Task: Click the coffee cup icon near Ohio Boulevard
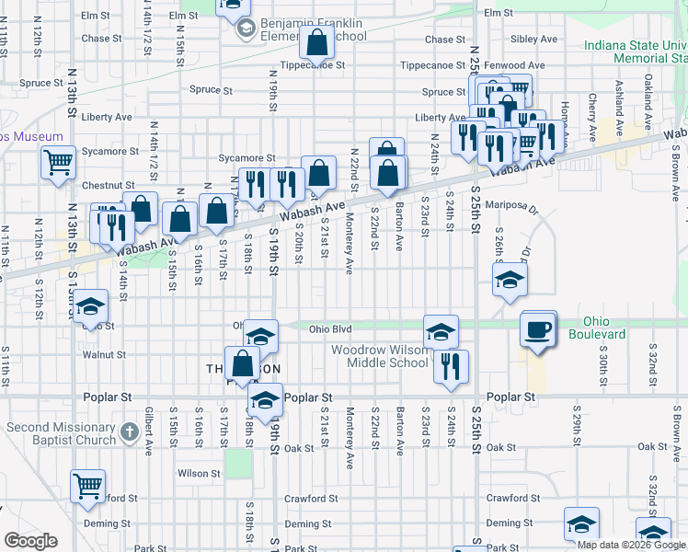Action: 538,328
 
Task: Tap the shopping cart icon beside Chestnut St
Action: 58,162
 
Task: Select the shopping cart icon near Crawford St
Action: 88,485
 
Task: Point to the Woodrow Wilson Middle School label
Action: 380,356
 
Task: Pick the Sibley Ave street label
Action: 534,40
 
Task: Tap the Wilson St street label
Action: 199,473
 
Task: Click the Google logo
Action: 30,541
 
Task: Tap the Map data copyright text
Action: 631,545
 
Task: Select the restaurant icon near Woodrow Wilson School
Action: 451,365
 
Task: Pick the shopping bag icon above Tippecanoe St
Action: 316,42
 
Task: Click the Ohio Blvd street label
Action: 330,328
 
